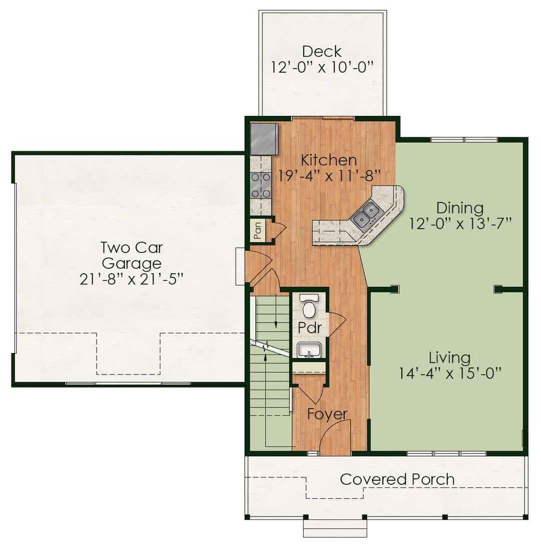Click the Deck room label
pos(322,52)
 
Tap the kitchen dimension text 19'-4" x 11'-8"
pos(329,175)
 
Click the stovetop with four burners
pos(261,185)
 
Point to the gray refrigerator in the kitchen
pos(264,139)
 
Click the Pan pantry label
pos(257,231)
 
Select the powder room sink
pos(309,350)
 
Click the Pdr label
pos(310,327)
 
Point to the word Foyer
pos(327,414)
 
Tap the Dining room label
pos(460,208)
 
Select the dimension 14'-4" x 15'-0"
pos(450,373)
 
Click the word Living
pos(450,358)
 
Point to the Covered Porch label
pos(397,479)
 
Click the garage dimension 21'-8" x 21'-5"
pos(131,279)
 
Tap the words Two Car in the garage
pos(132,248)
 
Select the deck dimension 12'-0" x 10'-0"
pos(322,67)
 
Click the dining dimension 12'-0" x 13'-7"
pos(460,223)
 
